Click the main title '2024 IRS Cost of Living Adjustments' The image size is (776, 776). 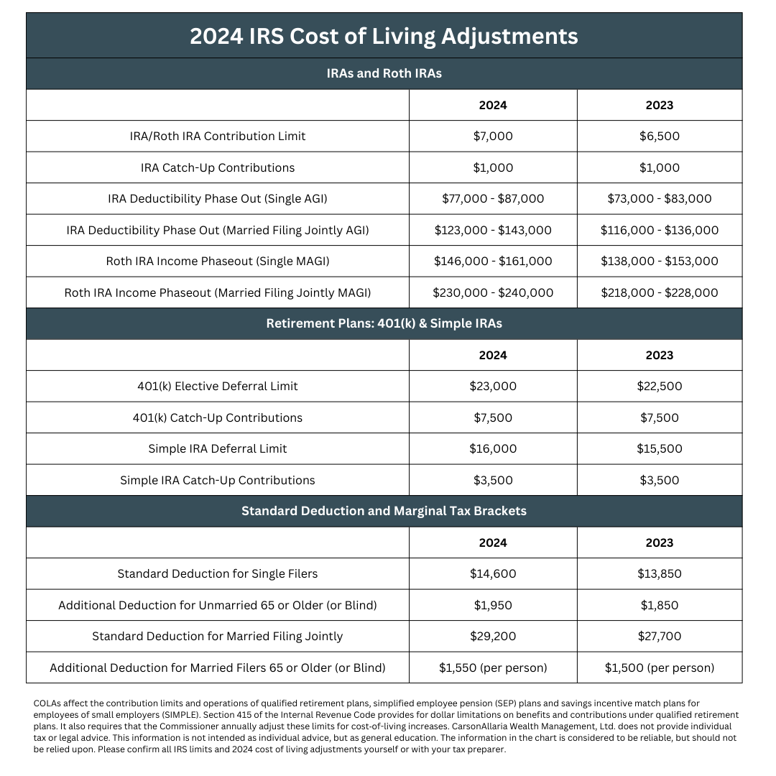tap(384, 36)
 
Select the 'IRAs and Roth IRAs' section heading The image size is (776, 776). tap(384, 73)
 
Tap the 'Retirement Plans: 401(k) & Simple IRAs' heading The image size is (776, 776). tap(384, 323)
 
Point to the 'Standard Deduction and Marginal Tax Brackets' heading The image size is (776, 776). tap(384, 511)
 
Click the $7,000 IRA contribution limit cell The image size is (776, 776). tap(493, 136)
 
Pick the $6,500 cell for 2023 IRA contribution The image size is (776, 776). tap(659, 136)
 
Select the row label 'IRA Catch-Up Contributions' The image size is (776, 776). tap(218, 167)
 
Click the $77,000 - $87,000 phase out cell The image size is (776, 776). tap(493, 198)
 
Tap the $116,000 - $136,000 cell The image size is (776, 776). tap(659, 230)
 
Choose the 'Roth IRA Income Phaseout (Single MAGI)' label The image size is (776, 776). tap(218, 261)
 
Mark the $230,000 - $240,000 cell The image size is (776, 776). tap(493, 292)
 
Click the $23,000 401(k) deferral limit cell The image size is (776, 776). tap(493, 386)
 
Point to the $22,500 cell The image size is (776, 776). tap(659, 386)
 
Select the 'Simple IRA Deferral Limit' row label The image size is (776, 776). tap(218, 448)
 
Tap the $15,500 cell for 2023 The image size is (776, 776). tap(659, 448)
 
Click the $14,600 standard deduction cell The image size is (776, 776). tap(493, 573)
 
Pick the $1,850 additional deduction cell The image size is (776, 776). tap(659, 605)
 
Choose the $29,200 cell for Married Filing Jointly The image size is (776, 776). tap(493, 636)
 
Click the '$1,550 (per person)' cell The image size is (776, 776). tap(493, 668)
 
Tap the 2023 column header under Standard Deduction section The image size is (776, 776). tap(659, 542)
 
